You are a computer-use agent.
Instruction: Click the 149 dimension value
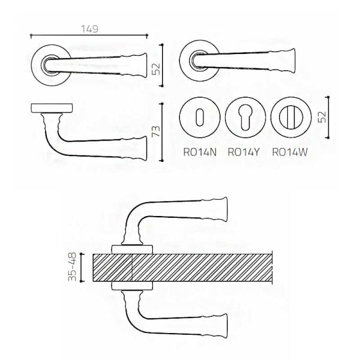[x=89, y=29]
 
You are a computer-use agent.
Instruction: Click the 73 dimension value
[x=157, y=131]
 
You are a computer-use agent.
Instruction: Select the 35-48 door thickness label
[x=73, y=267]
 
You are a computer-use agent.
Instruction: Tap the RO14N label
[x=200, y=152]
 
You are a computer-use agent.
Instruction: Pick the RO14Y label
[x=244, y=152]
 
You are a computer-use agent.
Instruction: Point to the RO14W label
[x=290, y=152]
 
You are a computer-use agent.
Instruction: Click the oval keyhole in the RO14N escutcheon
[x=200, y=118]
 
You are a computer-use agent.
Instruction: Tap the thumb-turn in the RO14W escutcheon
[x=291, y=118]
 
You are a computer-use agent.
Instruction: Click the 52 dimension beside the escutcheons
[x=322, y=117]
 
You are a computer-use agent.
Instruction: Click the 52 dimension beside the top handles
[x=156, y=69]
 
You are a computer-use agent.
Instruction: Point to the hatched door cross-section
[x=182, y=268]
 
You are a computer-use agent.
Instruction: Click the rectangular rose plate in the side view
[x=52, y=108]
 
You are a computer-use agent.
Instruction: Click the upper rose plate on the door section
[x=132, y=250]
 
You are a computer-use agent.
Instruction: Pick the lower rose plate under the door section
[x=132, y=286]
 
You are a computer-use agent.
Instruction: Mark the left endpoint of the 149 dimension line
[x=31, y=35]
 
